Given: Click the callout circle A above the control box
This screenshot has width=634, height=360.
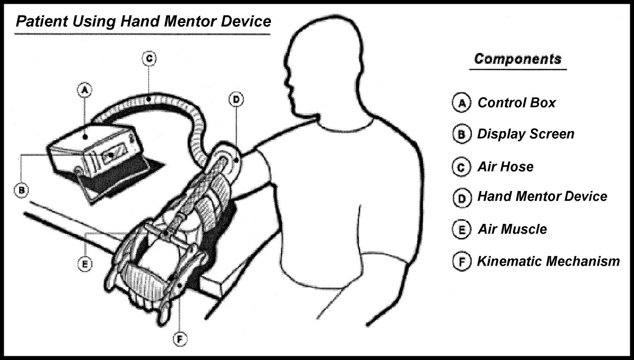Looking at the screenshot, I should coord(84,90).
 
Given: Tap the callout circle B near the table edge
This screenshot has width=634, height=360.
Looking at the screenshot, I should coord(21,190).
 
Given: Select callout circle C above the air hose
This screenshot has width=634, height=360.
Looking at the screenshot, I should coord(148,58).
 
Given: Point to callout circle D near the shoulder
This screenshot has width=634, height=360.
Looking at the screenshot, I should coord(235,99).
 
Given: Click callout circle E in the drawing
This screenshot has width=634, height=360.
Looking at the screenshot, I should coord(85,264).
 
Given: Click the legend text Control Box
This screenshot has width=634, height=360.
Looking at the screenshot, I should coord(516,103).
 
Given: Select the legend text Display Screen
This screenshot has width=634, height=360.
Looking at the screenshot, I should coord(526,134).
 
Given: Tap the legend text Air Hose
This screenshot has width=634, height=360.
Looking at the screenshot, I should coord(505,167).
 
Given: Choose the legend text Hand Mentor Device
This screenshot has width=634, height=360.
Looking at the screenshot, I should coord(542,196).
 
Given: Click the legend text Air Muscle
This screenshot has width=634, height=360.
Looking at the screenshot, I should coord(512,229).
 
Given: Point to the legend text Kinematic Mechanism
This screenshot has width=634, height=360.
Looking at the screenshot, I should coord(548,261).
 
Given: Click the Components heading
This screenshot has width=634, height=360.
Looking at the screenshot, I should coord(518,59).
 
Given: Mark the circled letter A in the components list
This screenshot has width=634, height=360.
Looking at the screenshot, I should coord(461,103).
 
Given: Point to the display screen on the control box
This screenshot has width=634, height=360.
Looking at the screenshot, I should coord(112,154).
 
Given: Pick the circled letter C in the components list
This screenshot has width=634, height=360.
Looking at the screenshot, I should coord(461,167).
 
